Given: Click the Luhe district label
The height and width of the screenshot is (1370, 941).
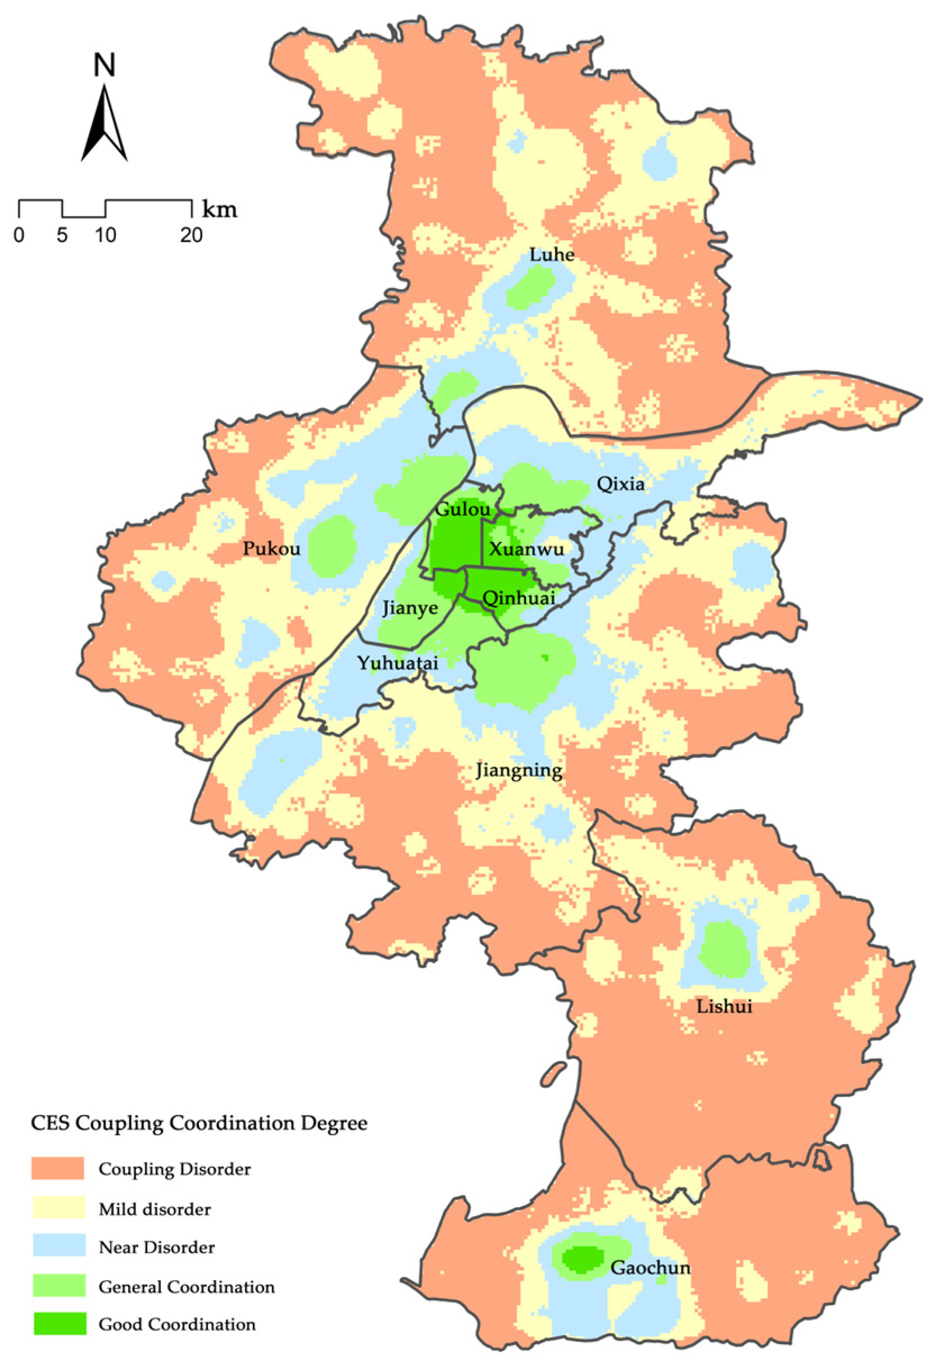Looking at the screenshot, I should click(x=551, y=254).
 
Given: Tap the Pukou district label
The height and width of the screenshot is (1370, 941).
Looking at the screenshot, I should click(x=272, y=549).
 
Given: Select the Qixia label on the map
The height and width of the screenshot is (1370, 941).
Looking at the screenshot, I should click(x=620, y=484).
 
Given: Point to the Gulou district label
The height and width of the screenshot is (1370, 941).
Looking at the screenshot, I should click(x=462, y=509).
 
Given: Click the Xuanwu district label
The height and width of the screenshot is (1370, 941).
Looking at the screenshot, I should click(x=526, y=549).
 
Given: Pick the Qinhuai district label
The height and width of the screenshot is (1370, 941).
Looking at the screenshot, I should click(x=519, y=598).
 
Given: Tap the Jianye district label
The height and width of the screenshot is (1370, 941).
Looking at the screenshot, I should click(x=410, y=608).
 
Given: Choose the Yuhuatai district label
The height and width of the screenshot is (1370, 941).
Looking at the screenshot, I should click(x=398, y=663).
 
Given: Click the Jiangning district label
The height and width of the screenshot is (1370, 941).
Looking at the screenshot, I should click(x=519, y=771).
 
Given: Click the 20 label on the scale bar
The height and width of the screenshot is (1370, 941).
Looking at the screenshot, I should click(x=191, y=236).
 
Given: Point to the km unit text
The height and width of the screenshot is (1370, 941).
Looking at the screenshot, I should click(x=219, y=210).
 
